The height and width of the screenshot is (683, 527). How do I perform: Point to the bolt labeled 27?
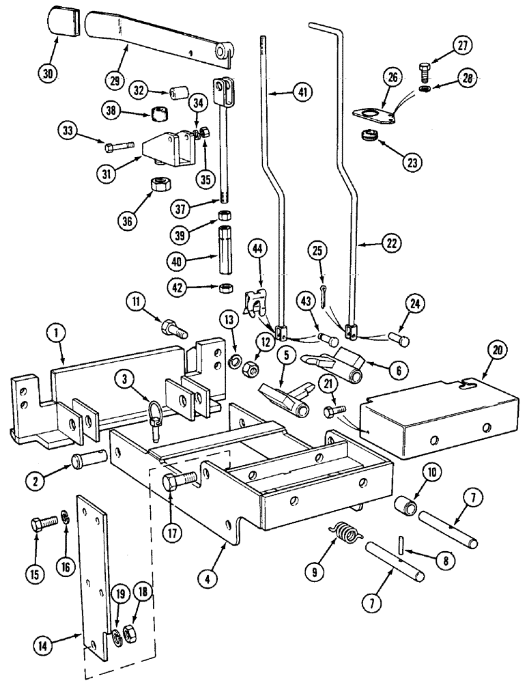click(423, 70)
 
